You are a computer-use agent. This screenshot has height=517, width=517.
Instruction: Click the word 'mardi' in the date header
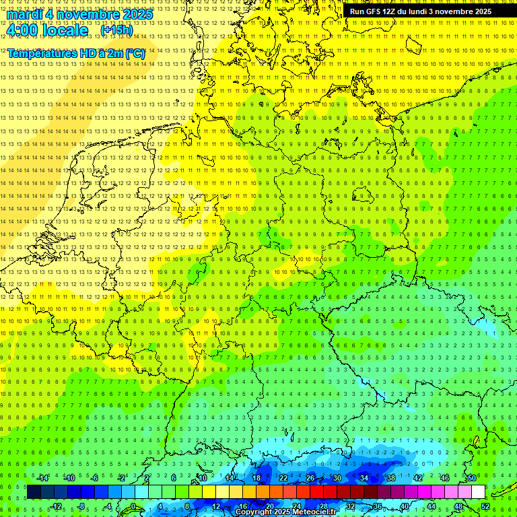(x=26, y=14)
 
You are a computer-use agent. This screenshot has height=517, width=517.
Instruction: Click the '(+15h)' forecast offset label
(x=116, y=30)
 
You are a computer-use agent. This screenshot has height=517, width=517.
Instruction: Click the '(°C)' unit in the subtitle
(x=134, y=53)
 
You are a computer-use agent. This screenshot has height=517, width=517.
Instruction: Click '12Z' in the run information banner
(x=394, y=11)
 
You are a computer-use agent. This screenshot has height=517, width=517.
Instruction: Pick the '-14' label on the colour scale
(x=43, y=478)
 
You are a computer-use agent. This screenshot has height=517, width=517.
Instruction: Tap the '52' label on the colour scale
(x=485, y=506)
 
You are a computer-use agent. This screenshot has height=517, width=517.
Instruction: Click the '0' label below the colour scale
(x=133, y=506)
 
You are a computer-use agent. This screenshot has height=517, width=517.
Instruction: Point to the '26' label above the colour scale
(x=310, y=478)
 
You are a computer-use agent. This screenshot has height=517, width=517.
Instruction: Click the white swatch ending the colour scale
(x=479, y=492)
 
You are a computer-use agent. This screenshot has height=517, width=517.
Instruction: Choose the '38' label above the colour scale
(x=391, y=478)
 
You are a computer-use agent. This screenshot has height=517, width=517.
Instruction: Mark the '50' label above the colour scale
(x=472, y=478)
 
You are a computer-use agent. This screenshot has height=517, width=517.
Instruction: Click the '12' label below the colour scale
(x=216, y=506)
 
